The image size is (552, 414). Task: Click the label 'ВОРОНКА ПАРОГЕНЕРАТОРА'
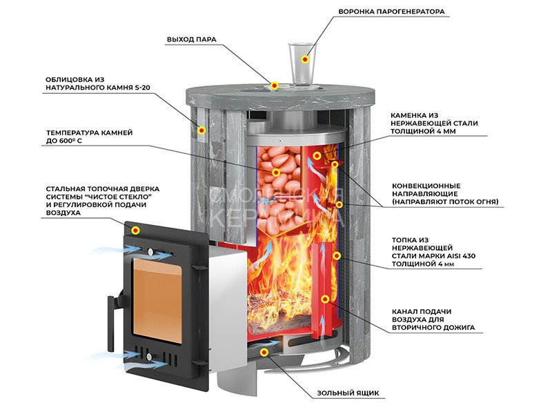[x=391, y=12]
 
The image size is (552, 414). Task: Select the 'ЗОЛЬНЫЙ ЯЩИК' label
[x=348, y=393]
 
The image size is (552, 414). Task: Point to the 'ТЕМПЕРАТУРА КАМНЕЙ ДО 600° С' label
[x=89, y=136]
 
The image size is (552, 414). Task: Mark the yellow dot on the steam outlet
[x=275, y=86]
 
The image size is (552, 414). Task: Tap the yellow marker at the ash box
[x=264, y=353]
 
